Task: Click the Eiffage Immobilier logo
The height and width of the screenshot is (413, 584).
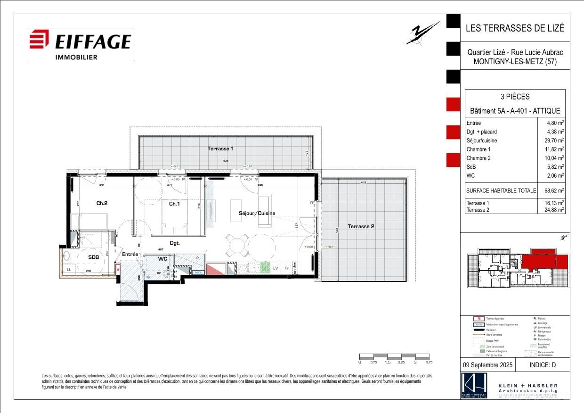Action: click(x=80, y=45)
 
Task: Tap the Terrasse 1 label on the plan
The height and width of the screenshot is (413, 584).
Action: click(x=221, y=149)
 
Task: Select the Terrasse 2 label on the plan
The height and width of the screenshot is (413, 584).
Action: click(x=361, y=226)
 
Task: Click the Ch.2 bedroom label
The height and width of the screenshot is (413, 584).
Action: click(x=102, y=203)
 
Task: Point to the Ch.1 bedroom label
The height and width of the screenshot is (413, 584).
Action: click(x=174, y=204)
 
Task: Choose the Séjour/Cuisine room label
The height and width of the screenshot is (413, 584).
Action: click(x=256, y=213)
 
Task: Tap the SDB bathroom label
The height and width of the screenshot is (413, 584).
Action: click(x=93, y=257)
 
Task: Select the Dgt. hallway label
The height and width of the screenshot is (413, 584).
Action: click(x=175, y=243)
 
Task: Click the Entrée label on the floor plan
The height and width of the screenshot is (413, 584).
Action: click(x=130, y=254)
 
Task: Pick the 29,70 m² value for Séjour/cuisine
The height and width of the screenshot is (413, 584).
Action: click(x=554, y=140)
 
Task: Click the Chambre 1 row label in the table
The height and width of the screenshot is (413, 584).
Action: click(x=479, y=149)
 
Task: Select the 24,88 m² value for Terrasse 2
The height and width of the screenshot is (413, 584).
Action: click(x=554, y=210)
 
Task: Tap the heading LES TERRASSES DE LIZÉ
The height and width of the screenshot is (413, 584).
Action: click(x=515, y=28)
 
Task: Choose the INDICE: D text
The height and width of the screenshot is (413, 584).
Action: click(x=543, y=365)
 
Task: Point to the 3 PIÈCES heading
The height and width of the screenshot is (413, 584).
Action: click(x=515, y=97)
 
